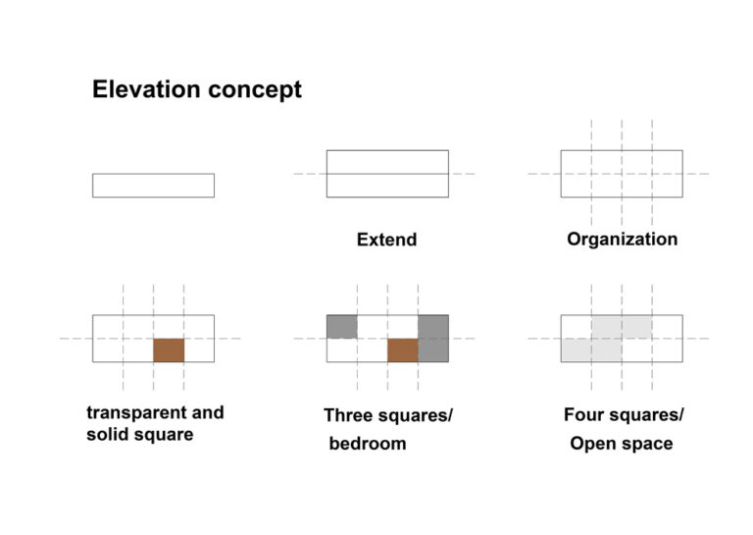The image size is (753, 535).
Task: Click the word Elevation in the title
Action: coord(146,89)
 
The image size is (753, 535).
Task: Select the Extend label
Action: coord(386,240)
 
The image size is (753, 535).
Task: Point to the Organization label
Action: coord(622,240)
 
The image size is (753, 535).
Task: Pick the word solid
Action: coord(107,434)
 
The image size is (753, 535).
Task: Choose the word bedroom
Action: coord(368,443)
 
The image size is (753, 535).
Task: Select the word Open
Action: coord(590,444)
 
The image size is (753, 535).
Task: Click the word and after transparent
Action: coord(208,412)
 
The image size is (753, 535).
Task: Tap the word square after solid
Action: coord(164,435)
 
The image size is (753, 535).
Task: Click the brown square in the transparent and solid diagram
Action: coord(169,349)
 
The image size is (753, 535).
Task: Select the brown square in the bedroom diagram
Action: coord(402,349)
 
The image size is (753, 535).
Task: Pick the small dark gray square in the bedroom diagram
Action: coord(341,327)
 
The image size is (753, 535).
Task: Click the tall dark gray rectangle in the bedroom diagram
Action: coord(433,339)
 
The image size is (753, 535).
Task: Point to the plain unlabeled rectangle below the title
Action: coord(153,174)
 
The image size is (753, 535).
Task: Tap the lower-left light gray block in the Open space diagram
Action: coord(591,349)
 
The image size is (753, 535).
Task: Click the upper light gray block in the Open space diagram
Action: coord(622,327)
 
